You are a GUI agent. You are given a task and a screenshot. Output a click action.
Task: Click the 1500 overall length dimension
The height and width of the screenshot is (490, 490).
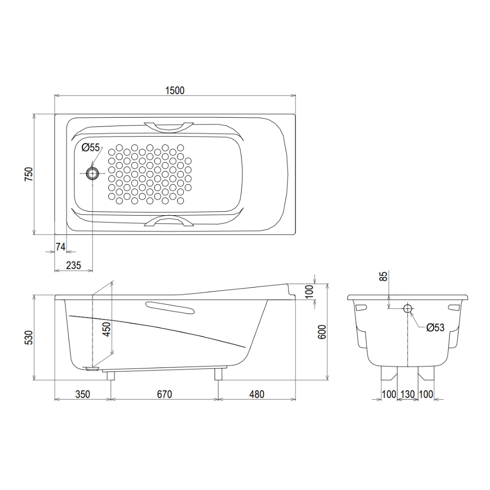coord(174,90)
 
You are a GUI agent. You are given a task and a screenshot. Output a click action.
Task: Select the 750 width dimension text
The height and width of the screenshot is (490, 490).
coord(28,174)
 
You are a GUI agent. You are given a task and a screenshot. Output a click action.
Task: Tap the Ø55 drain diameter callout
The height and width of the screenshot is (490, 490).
coord(91,147)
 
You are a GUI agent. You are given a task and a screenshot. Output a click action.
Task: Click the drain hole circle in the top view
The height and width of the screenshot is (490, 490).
coord(92,172)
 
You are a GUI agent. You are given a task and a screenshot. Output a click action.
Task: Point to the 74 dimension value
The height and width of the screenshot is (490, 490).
coord(60,246)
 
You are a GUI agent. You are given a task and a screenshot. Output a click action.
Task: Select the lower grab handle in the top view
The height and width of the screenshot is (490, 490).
coord(169,221)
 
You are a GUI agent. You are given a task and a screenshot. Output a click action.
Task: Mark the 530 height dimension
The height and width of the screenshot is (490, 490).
coord(28,338)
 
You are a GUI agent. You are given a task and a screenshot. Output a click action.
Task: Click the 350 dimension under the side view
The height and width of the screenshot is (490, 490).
coord(83,394)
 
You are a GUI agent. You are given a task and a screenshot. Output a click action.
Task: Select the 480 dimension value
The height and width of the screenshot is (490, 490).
coord(256,394)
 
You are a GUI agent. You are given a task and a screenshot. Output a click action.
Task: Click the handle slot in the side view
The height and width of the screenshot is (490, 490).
coord(170,308)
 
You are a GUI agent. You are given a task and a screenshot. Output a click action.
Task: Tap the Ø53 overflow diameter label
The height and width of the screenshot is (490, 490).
coord(435,328)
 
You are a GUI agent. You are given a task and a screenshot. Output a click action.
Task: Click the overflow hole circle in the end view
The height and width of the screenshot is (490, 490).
coord(408,309)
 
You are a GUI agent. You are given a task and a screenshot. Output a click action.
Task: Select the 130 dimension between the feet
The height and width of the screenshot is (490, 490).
coord(407,394)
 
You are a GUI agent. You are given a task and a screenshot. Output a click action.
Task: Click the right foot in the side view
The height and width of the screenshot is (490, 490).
coord(218,374)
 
